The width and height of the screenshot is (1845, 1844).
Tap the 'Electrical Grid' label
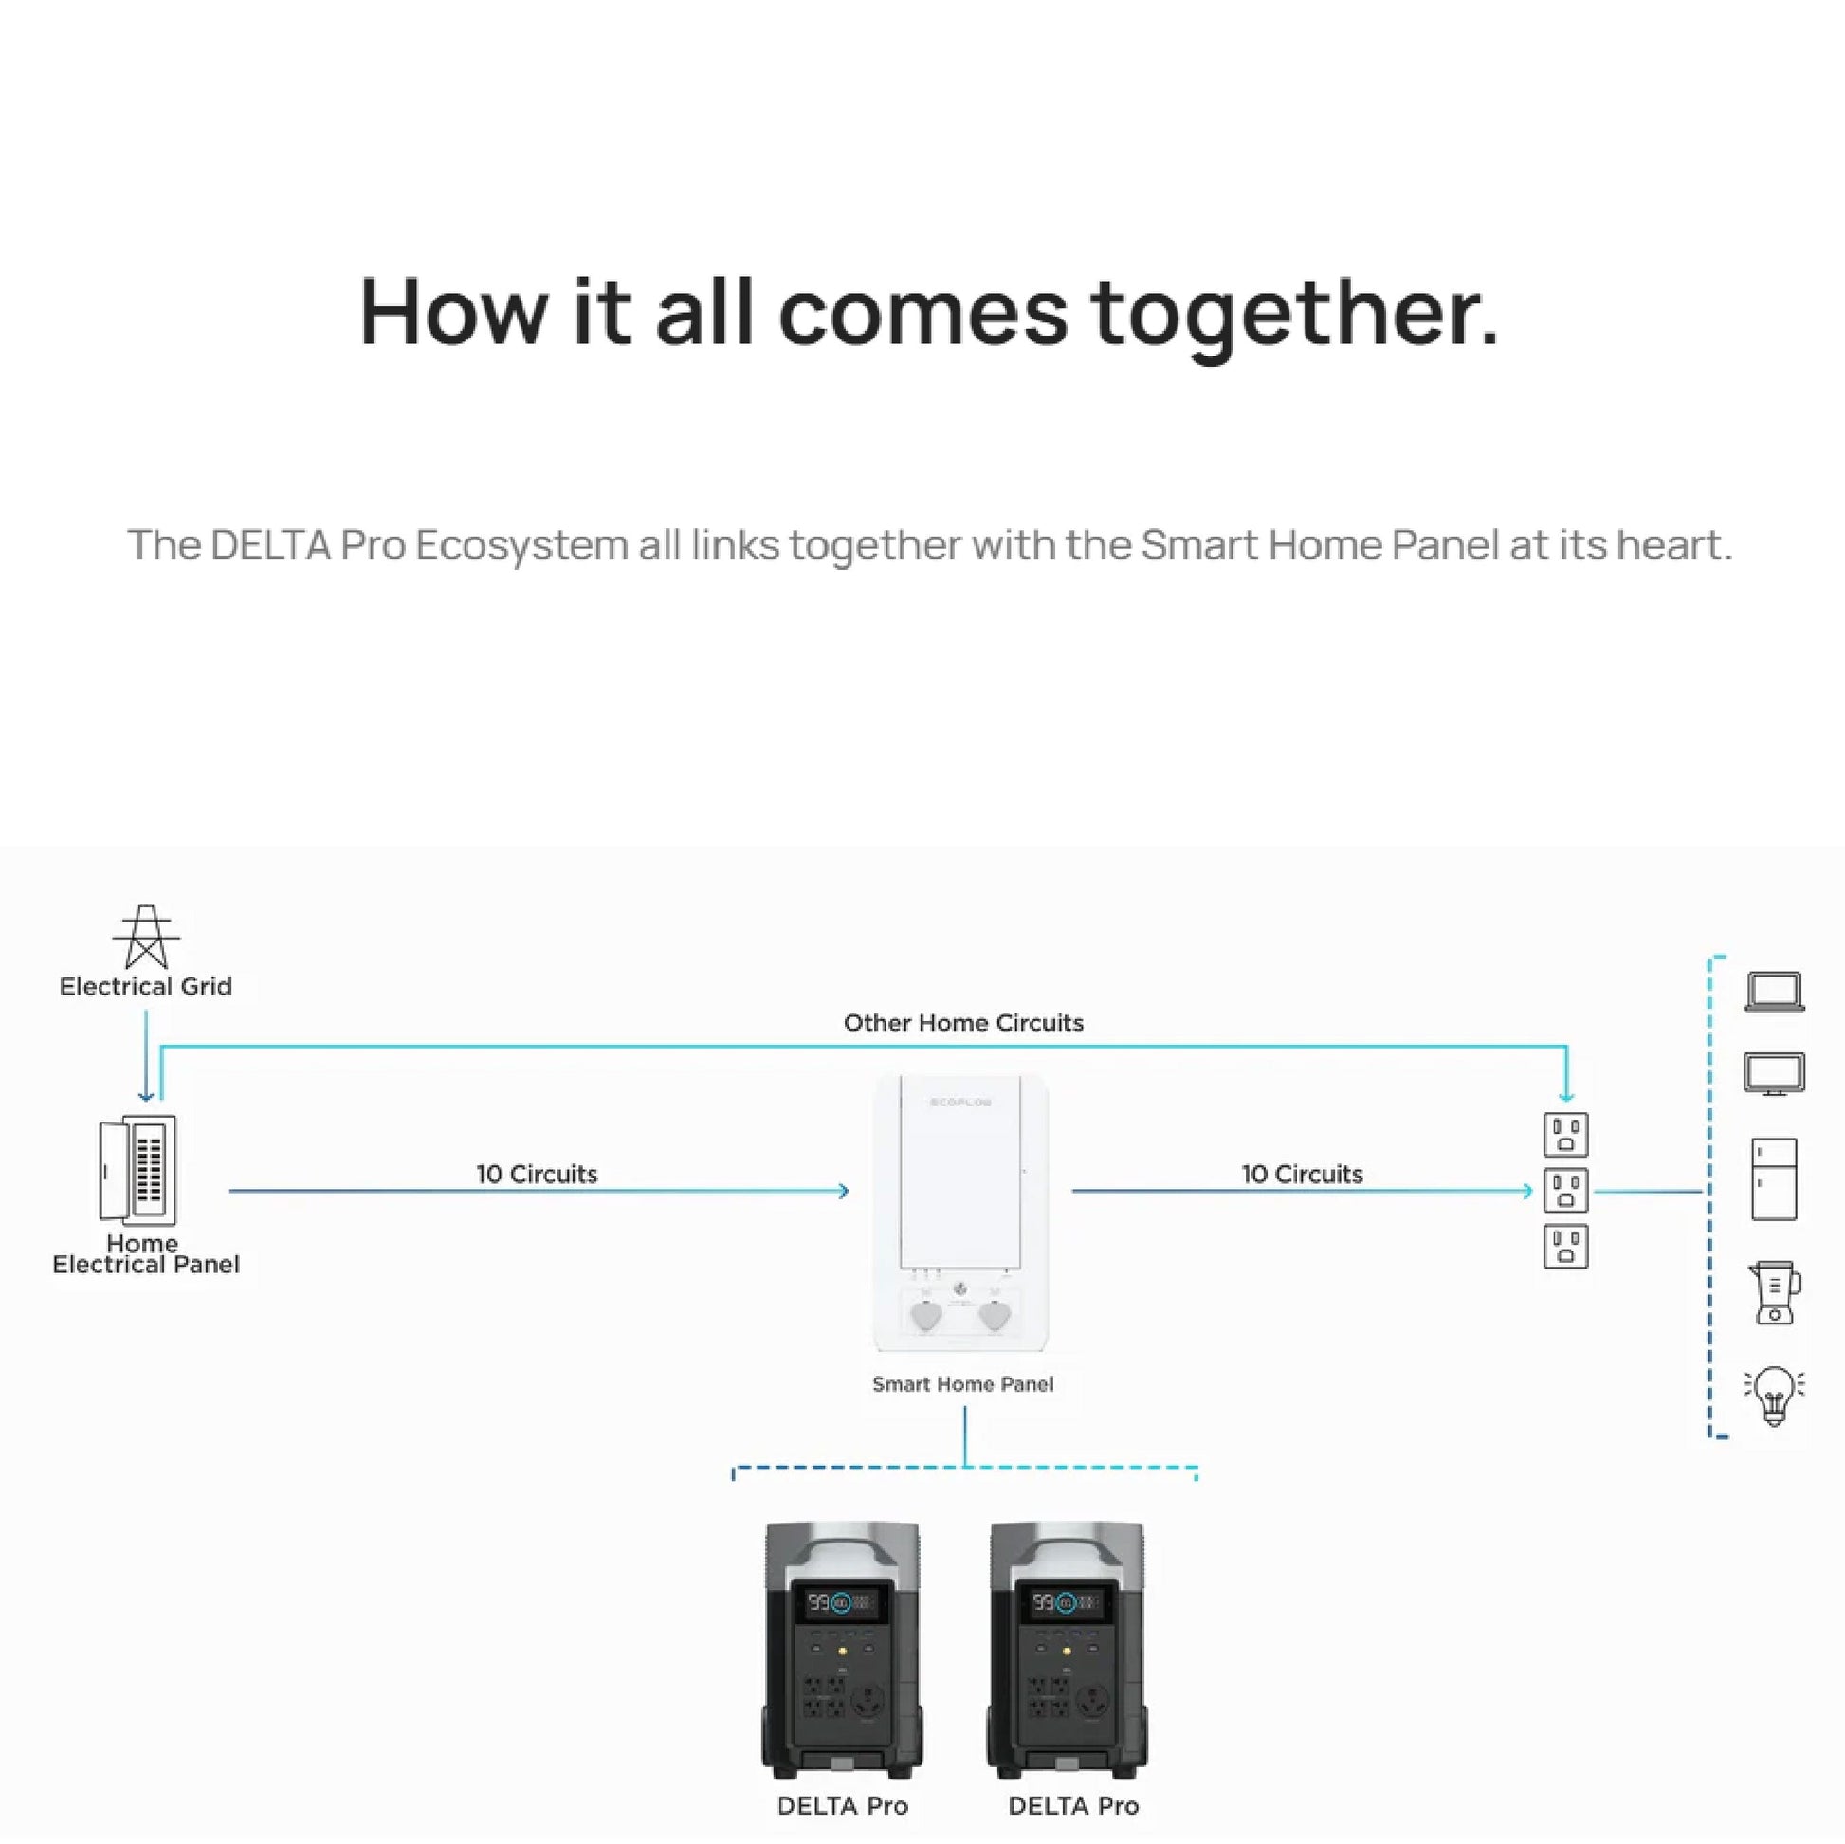(146, 986)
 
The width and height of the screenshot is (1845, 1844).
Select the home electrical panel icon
(138, 1170)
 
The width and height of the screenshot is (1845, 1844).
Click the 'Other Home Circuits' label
(962, 1023)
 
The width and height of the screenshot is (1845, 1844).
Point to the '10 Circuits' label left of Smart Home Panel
(537, 1174)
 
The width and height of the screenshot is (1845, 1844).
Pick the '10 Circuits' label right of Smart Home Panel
(1302, 1174)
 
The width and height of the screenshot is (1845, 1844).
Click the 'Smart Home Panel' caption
(962, 1384)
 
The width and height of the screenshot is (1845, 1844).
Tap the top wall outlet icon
(1565, 1135)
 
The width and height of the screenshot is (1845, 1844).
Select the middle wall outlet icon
(1565, 1190)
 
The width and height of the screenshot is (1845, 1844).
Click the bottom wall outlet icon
(1565, 1246)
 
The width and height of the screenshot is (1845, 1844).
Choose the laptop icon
(1773, 992)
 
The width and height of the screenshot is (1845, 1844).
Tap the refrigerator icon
(1773, 1178)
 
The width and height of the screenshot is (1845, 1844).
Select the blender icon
(1773, 1292)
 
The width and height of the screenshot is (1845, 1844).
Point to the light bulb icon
(1773, 1395)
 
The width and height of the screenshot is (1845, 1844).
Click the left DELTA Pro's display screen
(840, 1602)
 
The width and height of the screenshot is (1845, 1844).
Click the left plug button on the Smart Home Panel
(926, 1315)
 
